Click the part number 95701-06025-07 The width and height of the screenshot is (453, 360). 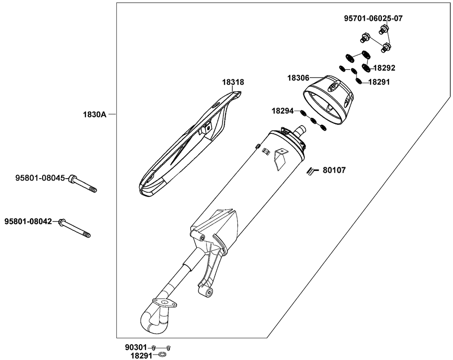373,19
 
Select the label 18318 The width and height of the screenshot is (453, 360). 233,83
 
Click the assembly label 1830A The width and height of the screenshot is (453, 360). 94,115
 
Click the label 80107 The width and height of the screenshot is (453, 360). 334,170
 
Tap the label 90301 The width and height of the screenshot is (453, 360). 136,347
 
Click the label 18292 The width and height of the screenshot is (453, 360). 384,68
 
